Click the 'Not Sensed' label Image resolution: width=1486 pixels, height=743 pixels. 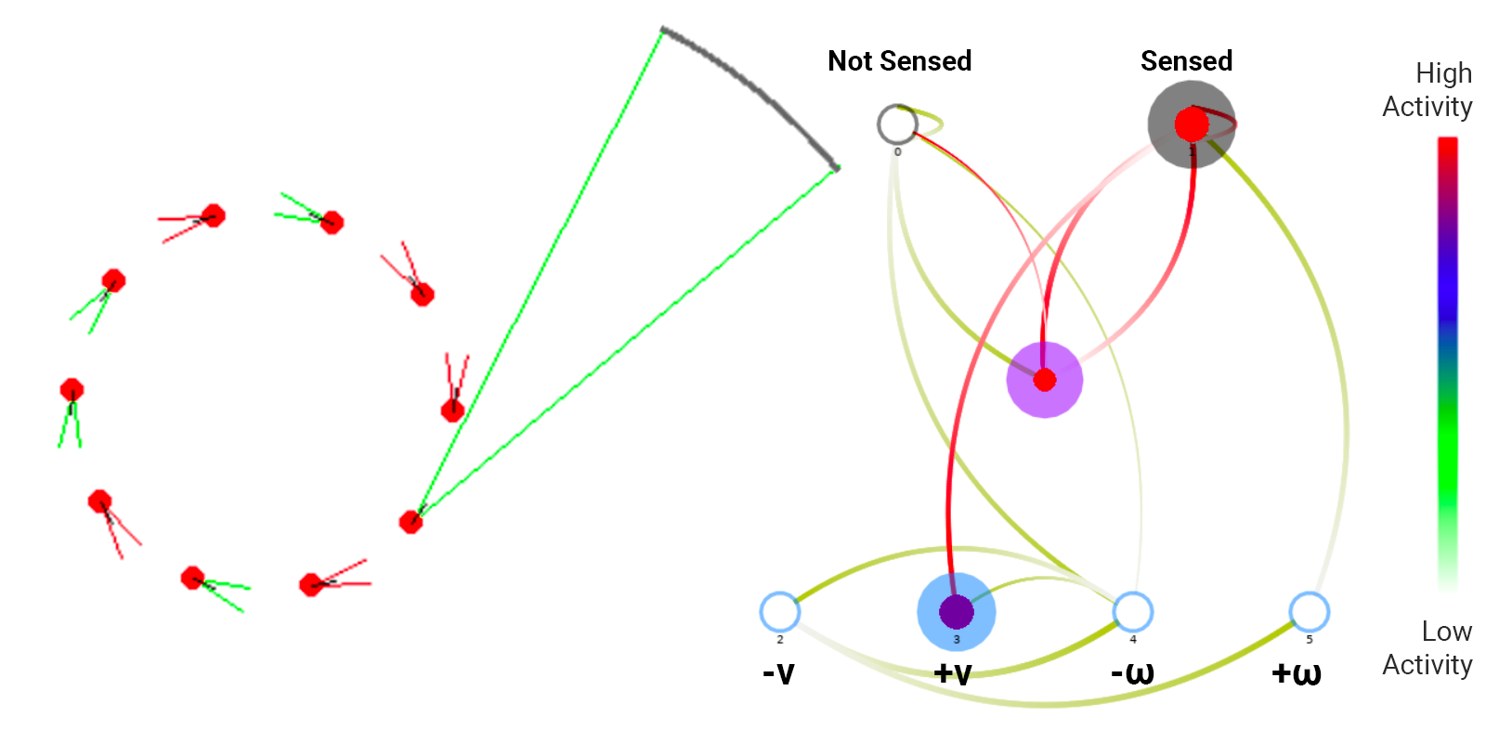pos(899,61)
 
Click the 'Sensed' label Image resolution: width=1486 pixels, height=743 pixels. pos(1186,61)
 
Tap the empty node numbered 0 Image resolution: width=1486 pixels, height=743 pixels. pos(897,124)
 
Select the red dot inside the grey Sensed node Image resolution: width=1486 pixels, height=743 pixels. pos(1192,124)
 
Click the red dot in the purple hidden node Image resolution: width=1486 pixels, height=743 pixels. pos(1045,380)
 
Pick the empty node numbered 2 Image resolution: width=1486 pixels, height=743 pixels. pos(780,612)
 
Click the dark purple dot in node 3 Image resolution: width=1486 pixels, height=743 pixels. pos(957,612)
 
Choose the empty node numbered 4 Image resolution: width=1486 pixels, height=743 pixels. pos(1133,612)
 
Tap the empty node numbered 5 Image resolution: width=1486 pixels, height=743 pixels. pos(1310,612)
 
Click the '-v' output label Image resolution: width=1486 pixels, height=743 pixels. pos(778,672)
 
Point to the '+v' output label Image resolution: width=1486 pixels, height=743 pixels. pos(953,672)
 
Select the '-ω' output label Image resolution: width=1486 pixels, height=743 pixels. pos(1132,672)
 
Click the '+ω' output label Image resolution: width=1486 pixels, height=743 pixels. pos(1297,672)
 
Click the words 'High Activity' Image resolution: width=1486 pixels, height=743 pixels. pos(1427,90)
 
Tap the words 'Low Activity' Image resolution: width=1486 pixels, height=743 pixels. pos(1427,648)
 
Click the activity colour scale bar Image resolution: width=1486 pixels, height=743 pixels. pos(1447,362)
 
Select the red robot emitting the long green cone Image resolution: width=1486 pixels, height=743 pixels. pos(411,522)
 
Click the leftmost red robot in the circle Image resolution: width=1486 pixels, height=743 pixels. pos(72,390)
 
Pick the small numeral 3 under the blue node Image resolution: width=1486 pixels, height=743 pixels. pos(957,640)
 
